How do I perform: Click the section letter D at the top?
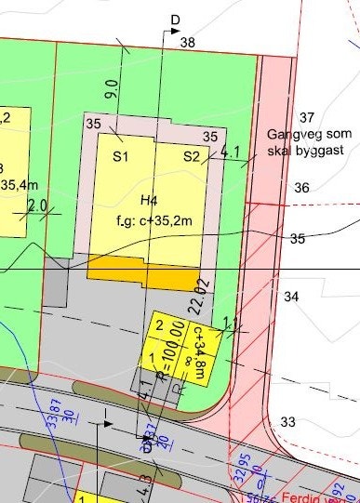point(174,20)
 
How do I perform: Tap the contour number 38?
point(188,43)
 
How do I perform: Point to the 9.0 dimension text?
point(113,90)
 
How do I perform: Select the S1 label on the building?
point(120,157)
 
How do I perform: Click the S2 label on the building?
point(192,156)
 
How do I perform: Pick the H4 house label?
point(149,201)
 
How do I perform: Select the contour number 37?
point(307,117)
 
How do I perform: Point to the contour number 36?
point(301,188)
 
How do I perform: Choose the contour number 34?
point(292,297)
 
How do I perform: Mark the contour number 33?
point(288,422)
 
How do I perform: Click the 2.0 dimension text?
point(38,205)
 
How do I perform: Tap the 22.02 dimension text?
point(195,294)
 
